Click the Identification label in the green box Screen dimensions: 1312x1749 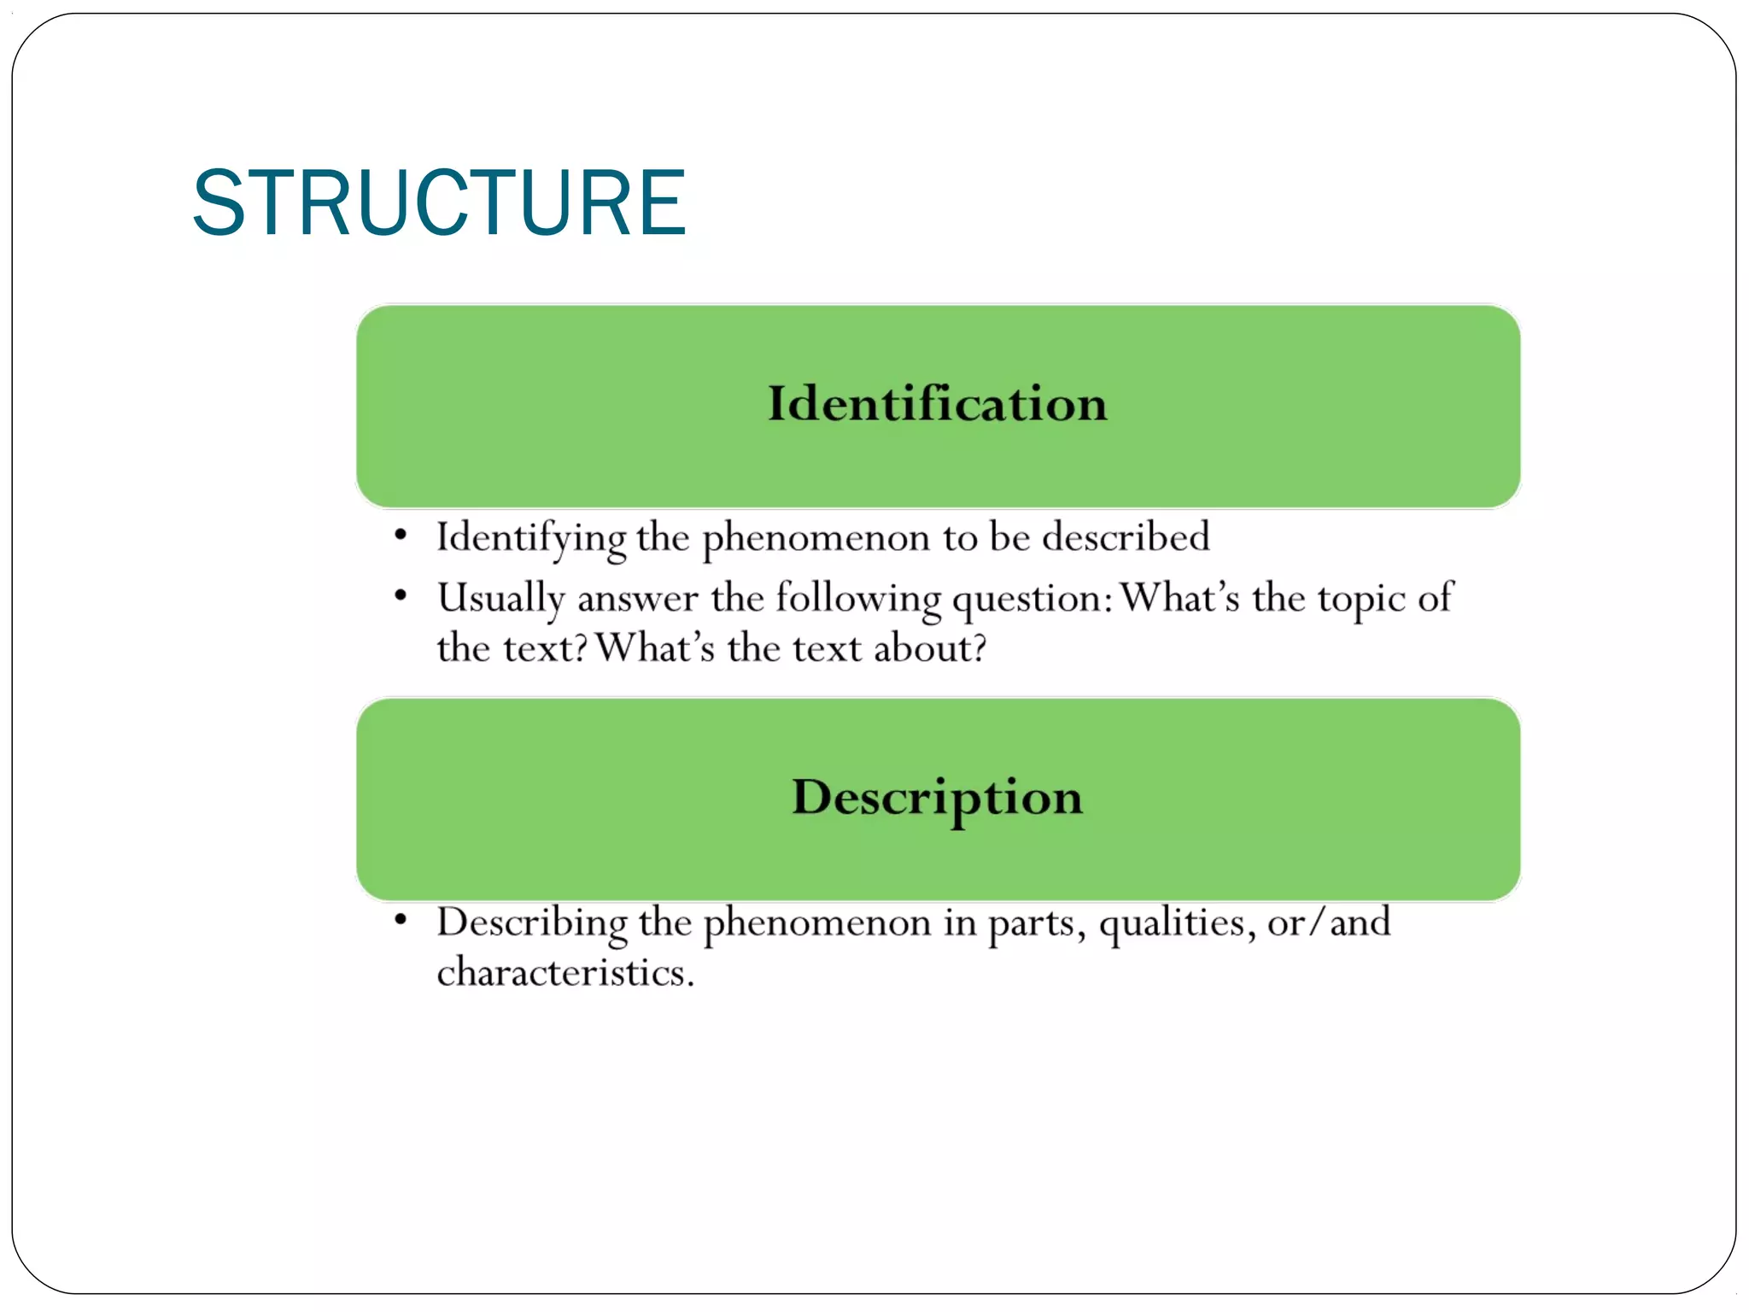pos(937,403)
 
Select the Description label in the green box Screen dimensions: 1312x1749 pos(937,797)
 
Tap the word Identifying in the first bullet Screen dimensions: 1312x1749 pos(530,538)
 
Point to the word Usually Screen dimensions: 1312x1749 pos(500,598)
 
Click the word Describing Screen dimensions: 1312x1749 pos(531,923)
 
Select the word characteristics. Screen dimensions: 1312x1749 pos(564,973)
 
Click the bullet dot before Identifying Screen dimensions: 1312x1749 pos(401,536)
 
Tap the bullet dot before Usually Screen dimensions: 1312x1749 pos(401,595)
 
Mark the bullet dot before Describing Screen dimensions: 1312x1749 pos(401,921)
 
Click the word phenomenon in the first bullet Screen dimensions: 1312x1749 pos(816,538)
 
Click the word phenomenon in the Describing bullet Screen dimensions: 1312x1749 pos(816,923)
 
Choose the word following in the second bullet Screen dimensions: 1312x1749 pos(857,598)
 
